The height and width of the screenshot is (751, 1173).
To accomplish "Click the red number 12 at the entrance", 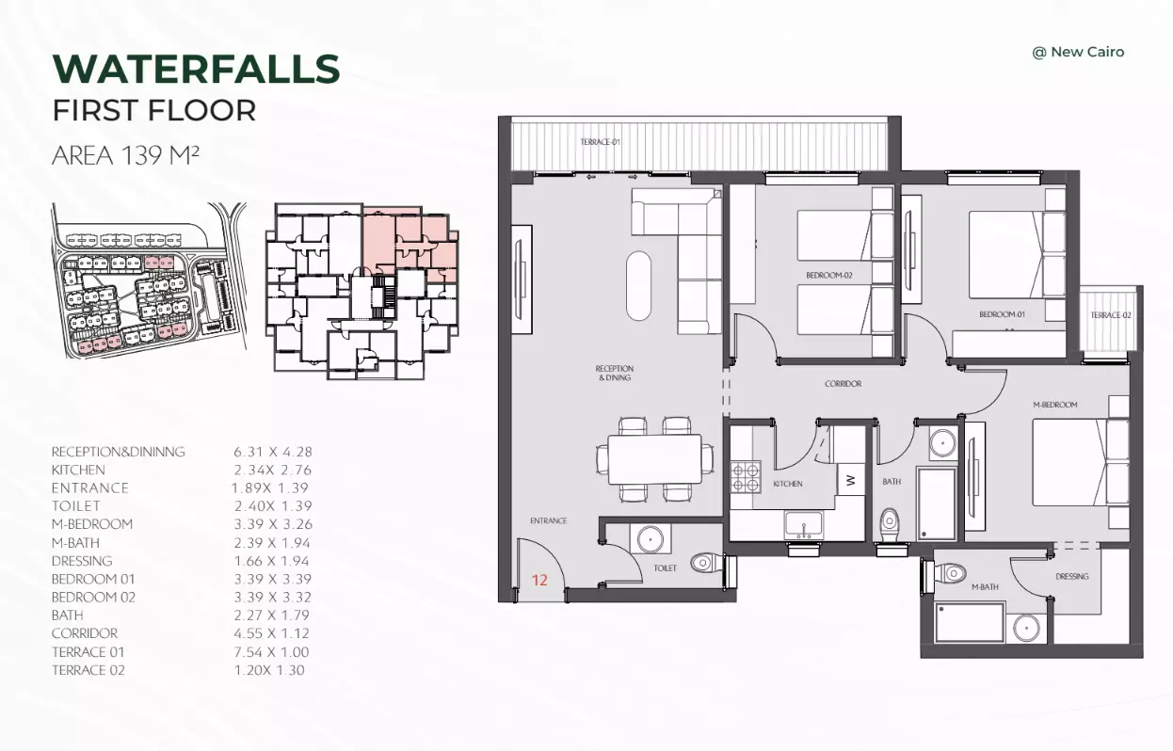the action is coord(539,580).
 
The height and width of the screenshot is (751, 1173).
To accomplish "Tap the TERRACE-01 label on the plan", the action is coord(600,142).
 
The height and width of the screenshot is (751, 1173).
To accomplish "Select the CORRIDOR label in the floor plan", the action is coord(844,384).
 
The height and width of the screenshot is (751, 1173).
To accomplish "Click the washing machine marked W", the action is coord(850,479).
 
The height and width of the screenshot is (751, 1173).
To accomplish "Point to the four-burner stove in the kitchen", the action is coord(746,477).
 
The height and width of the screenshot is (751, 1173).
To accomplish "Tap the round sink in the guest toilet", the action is coord(651,538).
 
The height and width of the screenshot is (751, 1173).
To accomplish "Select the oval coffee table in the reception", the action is coord(638,286).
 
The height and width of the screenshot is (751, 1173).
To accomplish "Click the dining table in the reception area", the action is coord(654,459).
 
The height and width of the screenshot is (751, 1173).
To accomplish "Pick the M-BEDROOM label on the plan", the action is coord(1054,405).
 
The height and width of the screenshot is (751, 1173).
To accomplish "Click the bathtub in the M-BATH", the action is coord(970,622).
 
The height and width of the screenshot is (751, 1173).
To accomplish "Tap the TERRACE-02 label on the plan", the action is coord(1111,315).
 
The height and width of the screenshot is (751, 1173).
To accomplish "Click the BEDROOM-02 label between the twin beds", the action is coord(829,276).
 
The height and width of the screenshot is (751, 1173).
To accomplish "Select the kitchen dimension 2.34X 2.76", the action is coord(273,470).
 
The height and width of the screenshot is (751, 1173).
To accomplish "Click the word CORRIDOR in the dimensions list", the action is coord(85,633).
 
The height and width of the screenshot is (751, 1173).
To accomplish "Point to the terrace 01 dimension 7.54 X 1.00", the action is coord(271,652).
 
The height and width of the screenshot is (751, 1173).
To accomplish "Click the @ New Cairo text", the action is coord(1078,53).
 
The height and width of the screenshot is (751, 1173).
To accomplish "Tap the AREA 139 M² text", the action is coord(126,155).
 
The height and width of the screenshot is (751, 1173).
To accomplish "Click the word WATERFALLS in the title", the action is coord(197,69).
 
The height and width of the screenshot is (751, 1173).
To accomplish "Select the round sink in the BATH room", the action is coord(942,442).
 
